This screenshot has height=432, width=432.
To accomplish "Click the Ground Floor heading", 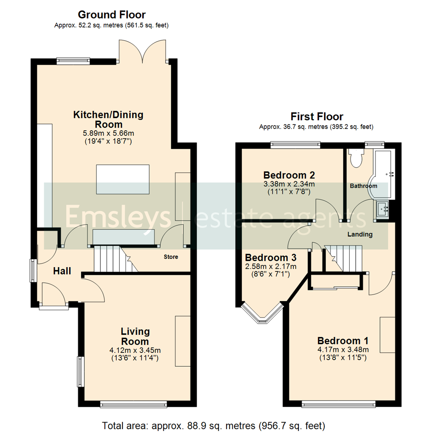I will click(112, 15).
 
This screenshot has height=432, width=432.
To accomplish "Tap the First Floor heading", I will click(316, 117).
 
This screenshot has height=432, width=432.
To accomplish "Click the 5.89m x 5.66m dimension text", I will click(108, 133).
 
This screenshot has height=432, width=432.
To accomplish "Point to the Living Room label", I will click(135, 336).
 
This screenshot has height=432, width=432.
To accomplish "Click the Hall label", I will click(62, 271).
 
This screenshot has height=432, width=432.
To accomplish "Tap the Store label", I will click(170, 257).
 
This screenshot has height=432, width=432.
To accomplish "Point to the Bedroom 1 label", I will click(342, 341).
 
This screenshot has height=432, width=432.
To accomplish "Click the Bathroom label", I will click(363, 186).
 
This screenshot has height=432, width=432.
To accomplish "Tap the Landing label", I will click(360, 234).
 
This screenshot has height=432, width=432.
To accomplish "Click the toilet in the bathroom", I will click(355, 158).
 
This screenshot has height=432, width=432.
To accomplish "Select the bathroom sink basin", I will click(382, 209).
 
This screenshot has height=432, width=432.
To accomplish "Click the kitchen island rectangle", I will click(122, 179).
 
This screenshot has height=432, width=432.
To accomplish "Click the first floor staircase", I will click(342, 258).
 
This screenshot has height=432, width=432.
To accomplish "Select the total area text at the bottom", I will click(214, 425).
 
